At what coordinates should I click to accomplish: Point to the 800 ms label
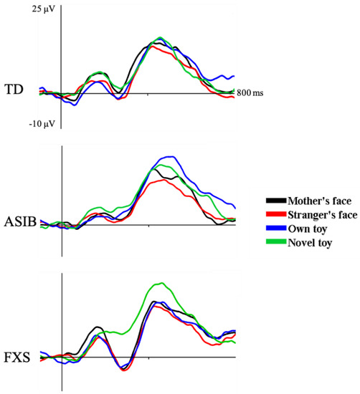[250, 94]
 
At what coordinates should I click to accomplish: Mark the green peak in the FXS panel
[163, 284]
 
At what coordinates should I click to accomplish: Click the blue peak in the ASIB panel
[169, 156]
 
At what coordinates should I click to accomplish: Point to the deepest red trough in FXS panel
[124, 370]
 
